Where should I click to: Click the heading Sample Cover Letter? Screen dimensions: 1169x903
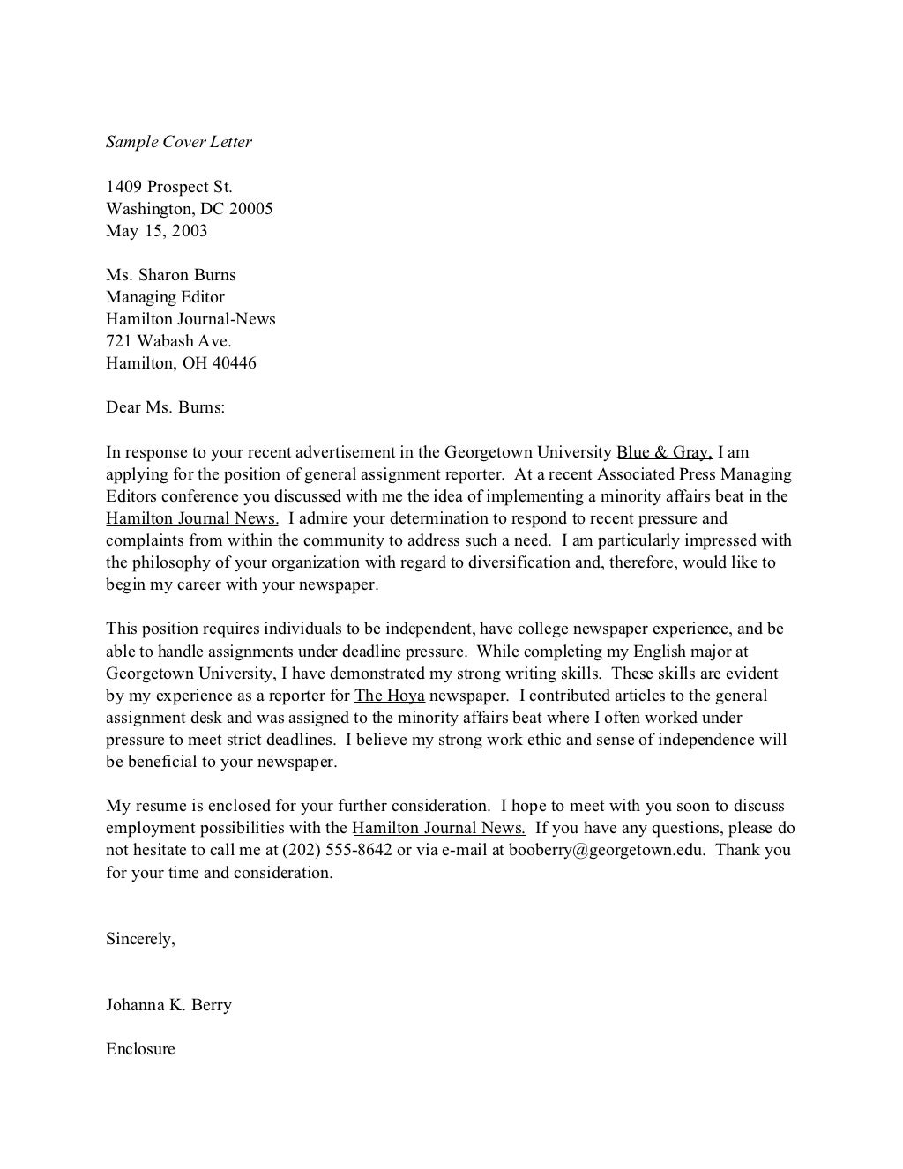[179, 142]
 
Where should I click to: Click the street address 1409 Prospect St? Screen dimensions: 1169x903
[169, 187]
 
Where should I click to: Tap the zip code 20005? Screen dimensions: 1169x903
[251, 209]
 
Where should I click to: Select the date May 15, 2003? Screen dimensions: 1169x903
[157, 231]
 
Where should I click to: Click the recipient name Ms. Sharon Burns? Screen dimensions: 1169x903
[171, 275]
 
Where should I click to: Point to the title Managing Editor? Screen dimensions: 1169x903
[165, 297]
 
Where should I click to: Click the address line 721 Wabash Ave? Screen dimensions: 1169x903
[168, 341]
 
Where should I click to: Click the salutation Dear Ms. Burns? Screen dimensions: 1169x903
[166, 407]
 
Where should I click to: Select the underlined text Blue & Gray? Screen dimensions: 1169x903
[664, 452]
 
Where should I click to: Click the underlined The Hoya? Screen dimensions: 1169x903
[389, 696]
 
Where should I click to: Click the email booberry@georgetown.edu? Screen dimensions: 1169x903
[607, 850]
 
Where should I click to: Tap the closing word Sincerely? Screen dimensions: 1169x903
[140, 939]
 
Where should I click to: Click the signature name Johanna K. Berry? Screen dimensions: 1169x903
[168, 1005]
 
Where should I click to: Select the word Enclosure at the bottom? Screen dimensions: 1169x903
[140, 1049]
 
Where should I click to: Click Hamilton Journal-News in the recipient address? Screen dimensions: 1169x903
[190, 319]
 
